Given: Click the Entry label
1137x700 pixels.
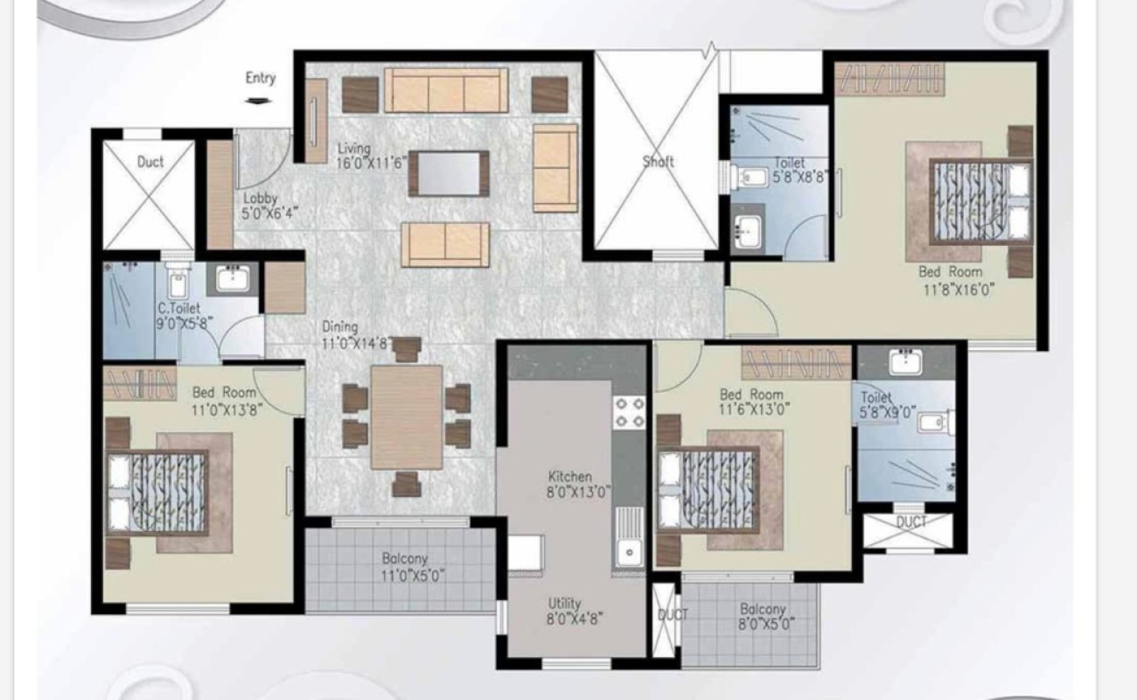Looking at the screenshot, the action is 261,78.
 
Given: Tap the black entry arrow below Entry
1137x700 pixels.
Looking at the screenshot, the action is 258,101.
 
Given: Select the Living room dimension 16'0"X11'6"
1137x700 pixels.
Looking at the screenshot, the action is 372,163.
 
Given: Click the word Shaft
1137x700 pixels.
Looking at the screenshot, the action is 659,162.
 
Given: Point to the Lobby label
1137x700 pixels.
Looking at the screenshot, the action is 260,198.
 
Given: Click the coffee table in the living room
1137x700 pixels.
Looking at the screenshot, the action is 450,174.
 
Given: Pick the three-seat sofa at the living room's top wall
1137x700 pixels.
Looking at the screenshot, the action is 446,90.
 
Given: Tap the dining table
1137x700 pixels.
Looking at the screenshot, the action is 407,417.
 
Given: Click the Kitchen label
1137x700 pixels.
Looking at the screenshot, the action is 570,477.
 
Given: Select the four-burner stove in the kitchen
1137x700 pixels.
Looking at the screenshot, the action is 629,412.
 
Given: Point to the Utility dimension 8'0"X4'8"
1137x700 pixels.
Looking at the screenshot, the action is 574,619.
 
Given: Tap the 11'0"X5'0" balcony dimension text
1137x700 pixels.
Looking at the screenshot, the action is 413,576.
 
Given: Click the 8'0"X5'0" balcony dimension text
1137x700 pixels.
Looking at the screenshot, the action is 766,624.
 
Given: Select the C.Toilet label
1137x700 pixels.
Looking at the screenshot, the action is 178,308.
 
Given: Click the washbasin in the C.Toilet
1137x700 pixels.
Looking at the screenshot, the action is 233,279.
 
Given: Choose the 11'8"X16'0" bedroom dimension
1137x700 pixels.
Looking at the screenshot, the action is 958,290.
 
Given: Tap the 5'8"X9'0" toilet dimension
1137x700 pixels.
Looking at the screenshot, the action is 888,412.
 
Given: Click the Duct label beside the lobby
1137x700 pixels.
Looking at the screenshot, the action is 150,162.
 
